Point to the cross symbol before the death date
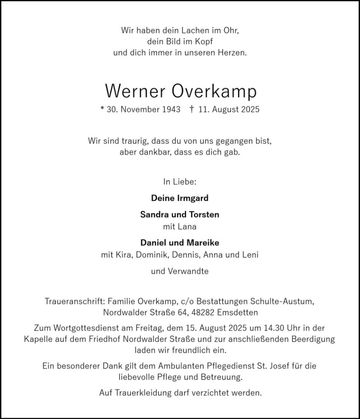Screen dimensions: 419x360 tap(192, 110)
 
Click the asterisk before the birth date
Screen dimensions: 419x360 tap(102, 110)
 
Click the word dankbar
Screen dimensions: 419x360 tap(152, 152)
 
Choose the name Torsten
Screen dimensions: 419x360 tap(204, 215)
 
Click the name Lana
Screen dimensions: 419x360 tap(187, 227)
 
